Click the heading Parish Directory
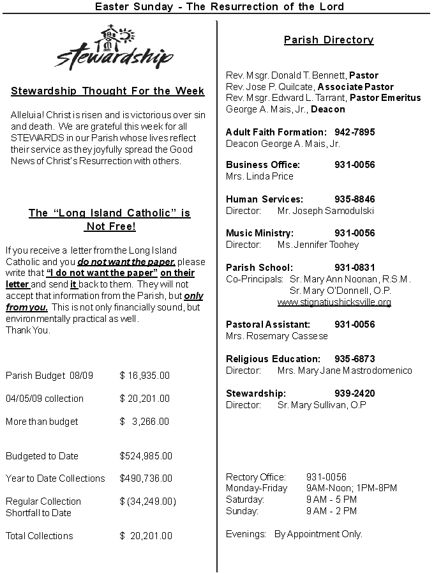[x=329, y=40]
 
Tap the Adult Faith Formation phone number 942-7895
[x=354, y=132]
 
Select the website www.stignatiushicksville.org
[x=334, y=302]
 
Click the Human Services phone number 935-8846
[x=354, y=199]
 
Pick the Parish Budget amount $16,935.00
[x=145, y=376]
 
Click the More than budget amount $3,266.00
[x=145, y=422]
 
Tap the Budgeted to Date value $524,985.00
[x=146, y=456]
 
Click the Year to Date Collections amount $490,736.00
[x=146, y=478]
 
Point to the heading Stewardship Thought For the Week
[x=108, y=91]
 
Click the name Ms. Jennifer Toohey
[x=318, y=245]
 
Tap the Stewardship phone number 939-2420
[x=354, y=393]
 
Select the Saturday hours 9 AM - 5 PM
[x=331, y=500]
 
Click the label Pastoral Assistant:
[x=268, y=325]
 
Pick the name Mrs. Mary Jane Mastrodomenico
[x=345, y=371]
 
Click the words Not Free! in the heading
[x=110, y=227]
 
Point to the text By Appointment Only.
[x=318, y=534]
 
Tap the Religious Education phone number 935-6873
[x=354, y=359]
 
